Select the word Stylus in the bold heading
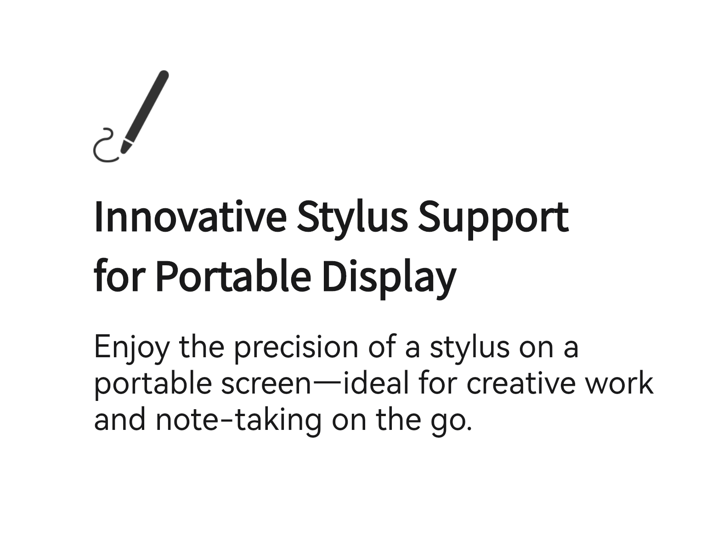click(x=352, y=219)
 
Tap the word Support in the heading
click(x=493, y=219)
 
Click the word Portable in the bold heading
click(x=233, y=276)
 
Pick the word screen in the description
click(x=266, y=384)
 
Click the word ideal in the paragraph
click(x=375, y=383)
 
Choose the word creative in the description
click(x=521, y=383)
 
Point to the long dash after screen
click(x=327, y=383)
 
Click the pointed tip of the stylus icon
click(x=123, y=152)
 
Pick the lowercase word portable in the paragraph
click(x=153, y=384)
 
